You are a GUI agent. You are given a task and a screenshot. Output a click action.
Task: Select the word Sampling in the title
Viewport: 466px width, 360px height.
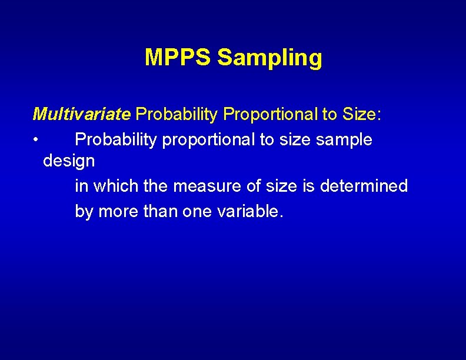point(269,58)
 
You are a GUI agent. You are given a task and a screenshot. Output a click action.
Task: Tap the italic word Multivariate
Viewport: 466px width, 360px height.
point(81,114)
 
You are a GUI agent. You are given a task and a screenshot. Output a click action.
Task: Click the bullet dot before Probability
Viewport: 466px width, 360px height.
point(36,140)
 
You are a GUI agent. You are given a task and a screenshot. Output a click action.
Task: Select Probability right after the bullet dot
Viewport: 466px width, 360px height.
point(116,140)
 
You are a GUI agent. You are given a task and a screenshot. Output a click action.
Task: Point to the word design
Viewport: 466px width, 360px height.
point(69,161)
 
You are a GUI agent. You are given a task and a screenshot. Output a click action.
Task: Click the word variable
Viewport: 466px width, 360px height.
point(249,211)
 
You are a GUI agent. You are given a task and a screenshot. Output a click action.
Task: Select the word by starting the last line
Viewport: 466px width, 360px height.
point(84,211)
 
